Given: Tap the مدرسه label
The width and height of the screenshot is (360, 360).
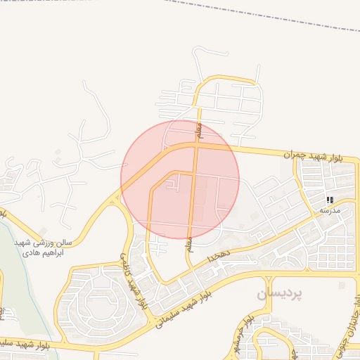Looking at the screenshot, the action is tap(330, 210).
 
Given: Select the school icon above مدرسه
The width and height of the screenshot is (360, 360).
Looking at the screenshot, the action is tap(330, 200).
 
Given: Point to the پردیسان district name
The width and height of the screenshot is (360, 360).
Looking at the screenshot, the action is tap(281, 294).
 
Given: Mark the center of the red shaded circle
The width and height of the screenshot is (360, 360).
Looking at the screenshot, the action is tap(180, 180).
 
